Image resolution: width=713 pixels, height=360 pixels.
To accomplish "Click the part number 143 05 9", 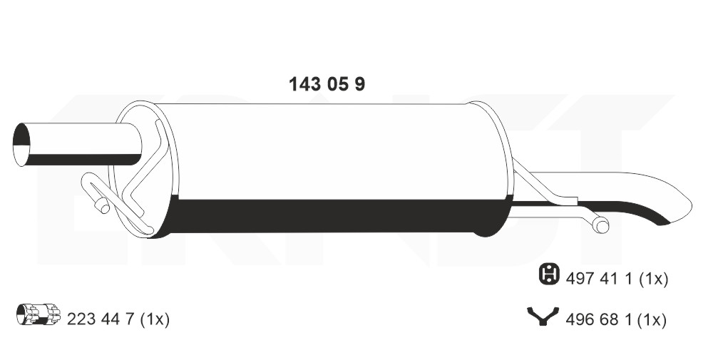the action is [x=327, y=84].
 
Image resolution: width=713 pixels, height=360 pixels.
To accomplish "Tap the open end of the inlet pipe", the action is [x=21, y=144].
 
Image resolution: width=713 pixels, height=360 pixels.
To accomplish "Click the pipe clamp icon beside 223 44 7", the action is [x=39, y=314].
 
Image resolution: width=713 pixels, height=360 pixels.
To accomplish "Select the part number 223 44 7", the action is [x=101, y=319].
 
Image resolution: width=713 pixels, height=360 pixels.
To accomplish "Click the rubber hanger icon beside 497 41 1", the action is [x=549, y=274].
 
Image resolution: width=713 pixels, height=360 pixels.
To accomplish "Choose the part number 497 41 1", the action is [x=600, y=279].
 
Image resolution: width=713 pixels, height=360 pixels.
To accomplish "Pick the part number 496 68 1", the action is [x=599, y=320].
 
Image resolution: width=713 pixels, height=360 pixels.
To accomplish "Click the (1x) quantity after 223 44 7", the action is [x=155, y=319].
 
